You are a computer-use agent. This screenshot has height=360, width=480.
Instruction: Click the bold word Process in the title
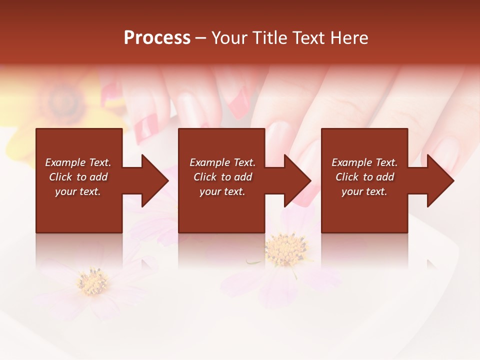coord(157,38)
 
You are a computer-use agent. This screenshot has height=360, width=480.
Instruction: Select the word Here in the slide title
coord(348,38)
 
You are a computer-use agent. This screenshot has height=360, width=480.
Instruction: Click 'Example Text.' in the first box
coord(78,162)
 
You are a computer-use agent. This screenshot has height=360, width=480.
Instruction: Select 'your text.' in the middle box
coord(222,191)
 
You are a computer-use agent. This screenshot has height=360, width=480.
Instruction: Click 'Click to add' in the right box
coord(364,177)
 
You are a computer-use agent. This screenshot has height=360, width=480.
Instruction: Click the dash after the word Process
coord(201,38)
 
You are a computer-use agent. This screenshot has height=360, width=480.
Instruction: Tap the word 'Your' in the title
coord(228,38)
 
